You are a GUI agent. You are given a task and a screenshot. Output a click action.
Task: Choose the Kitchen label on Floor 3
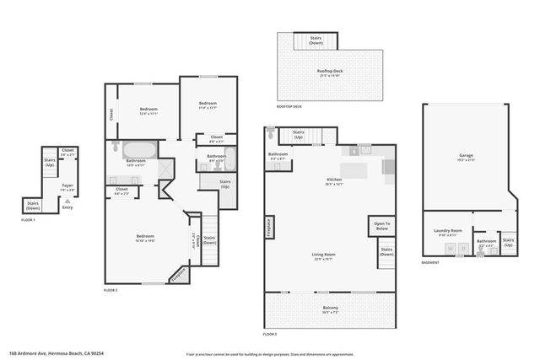(335, 180)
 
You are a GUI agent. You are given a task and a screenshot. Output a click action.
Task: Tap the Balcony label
(330, 309)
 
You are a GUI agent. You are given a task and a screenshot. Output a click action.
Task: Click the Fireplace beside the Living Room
(269, 228)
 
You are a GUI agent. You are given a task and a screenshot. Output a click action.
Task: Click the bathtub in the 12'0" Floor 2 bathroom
(138, 151)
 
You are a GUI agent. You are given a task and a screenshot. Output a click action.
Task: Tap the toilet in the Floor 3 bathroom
(270, 133)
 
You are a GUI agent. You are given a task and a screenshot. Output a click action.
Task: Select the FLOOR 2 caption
(111, 289)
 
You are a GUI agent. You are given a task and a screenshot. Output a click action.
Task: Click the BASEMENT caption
(431, 262)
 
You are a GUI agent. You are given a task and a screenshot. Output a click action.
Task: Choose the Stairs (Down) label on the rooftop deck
(315, 38)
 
